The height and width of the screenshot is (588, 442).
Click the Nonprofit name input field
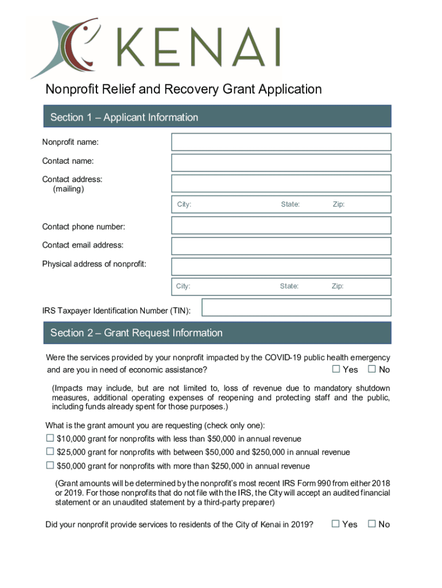(281, 142)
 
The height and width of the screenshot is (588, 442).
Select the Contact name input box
(281, 163)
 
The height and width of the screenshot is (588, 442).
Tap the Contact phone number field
(281, 225)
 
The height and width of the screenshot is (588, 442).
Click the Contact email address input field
(281, 246)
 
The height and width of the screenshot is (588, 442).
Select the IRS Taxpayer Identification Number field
(296, 307)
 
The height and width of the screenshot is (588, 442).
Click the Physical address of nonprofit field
(281, 266)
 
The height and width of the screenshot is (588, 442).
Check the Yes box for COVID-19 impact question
(336, 369)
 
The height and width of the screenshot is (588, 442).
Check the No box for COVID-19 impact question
(372, 369)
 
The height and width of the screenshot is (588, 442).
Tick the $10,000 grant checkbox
(50, 438)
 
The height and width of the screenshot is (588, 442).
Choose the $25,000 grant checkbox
(50, 452)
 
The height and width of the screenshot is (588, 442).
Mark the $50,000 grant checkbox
(50, 465)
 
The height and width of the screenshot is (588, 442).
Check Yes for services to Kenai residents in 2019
(336, 523)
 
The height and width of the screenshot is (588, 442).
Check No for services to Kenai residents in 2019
(372, 523)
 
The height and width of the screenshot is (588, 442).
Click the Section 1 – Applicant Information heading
(124, 117)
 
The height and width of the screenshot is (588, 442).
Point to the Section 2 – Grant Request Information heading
(136, 332)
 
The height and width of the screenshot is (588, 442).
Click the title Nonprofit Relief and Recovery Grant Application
(184, 89)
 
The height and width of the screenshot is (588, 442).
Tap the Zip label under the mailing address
(339, 204)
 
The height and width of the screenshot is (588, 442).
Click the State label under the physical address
(289, 286)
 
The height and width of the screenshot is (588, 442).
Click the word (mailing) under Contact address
(68, 188)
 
